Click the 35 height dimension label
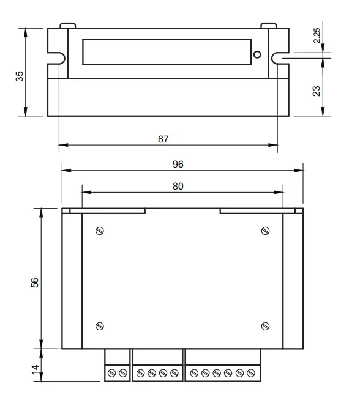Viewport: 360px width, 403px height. (x=20, y=76)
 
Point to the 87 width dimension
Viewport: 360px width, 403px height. (x=163, y=139)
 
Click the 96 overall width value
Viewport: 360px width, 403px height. (x=178, y=164)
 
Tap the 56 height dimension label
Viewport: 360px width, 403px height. (x=35, y=283)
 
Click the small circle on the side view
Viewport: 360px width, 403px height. (x=257, y=55)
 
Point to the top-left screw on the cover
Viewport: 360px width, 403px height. (x=100, y=231)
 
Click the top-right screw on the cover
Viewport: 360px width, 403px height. (x=265, y=231)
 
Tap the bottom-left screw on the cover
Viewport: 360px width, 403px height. (x=100, y=325)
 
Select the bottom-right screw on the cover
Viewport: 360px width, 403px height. (x=265, y=325)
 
